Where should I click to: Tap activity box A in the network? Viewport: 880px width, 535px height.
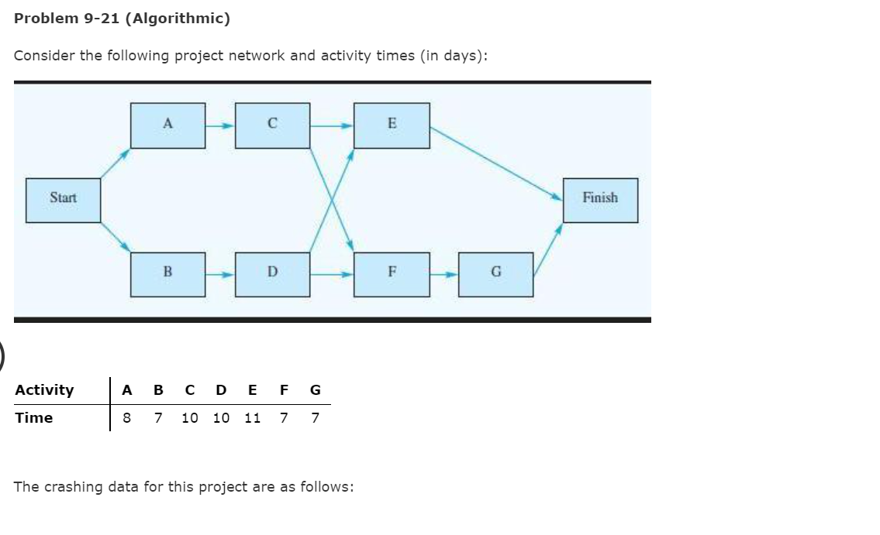[167, 125]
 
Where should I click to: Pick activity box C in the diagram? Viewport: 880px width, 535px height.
[272, 125]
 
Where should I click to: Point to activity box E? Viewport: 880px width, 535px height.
[392, 125]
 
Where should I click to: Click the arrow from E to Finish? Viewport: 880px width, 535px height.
[496, 163]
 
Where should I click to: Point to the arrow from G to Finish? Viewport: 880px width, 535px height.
[547, 248]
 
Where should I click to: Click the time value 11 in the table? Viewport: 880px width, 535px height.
[252, 418]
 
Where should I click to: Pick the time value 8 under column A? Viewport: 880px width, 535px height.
[127, 418]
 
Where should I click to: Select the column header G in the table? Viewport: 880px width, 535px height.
[315, 389]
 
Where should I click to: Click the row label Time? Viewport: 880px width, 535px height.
[34, 418]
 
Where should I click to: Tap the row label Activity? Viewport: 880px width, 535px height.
[44, 389]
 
